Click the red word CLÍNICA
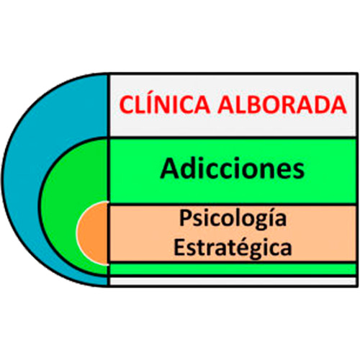click(165, 104)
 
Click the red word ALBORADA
click(282, 104)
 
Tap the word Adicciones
click(233, 168)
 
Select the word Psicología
click(233, 218)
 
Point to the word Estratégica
click(233, 247)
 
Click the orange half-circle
click(92, 233)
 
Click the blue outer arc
click(23, 180)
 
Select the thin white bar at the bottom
click(233, 282)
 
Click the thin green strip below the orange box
click(233, 269)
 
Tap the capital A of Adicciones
click(170, 168)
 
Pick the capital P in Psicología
click(185, 217)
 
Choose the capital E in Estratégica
click(179, 247)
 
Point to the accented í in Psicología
click(270, 217)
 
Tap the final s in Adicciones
click(299, 171)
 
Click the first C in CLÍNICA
click(127, 104)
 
